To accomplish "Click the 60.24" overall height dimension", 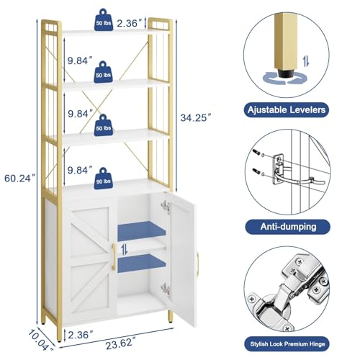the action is click(x=20, y=179).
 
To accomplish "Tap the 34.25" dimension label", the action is click(x=196, y=117).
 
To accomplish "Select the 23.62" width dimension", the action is click(x=120, y=344).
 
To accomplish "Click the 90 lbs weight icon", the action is click(x=103, y=179).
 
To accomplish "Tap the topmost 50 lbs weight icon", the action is click(x=104, y=20).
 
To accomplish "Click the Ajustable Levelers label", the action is click(x=287, y=110).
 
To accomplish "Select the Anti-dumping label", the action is click(x=288, y=227).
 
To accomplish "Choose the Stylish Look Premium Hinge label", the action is click(x=287, y=344).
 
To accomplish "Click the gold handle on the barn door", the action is click(x=114, y=257).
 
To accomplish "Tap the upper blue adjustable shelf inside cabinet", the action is click(x=142, y=231).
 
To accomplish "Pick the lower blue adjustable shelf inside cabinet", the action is click(x=142, y=264).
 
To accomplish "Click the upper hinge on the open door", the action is click(x=166, y=207).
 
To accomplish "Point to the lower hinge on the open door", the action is click(x=166, y=289).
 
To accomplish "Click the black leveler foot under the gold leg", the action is click(x=286, y=73).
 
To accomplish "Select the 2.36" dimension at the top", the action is click(x=127, y=23).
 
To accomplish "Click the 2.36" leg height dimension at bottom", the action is click(x=80, y=335).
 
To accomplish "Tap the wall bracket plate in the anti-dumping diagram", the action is click(x=279, y=169).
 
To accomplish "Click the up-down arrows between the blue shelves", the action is click(x=125, y=250).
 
